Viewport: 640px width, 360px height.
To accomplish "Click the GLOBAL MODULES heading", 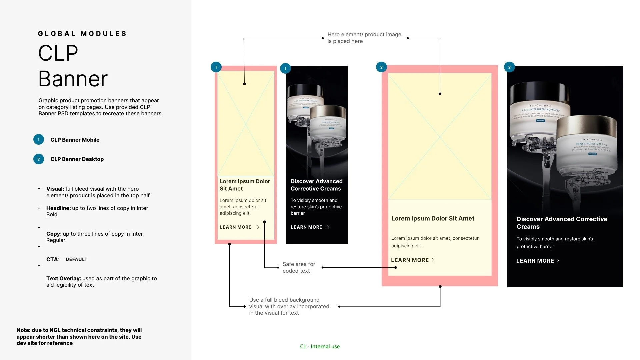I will tap(82, 34).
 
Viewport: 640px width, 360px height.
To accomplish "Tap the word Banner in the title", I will tap(73, 79).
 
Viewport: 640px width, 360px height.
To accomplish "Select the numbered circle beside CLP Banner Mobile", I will tap(39, 140).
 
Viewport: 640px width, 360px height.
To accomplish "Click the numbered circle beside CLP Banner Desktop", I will tap(39, 159).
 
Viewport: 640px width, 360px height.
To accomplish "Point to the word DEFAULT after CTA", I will tap(76, 259).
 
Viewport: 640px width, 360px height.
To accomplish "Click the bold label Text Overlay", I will tap(64, 278).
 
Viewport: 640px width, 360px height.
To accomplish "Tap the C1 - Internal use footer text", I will tap(320, 346).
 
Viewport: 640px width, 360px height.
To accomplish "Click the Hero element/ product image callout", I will tap(364, 38).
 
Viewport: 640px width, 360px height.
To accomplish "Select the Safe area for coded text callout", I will tap(299, 267).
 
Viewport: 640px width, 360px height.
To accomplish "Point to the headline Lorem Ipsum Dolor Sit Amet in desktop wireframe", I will tap(432, 218).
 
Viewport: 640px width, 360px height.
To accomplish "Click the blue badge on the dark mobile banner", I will tap(285, 68).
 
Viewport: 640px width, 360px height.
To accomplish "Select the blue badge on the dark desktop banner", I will tap(509, 67).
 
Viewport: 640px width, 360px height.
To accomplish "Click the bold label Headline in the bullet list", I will tap(59, 208).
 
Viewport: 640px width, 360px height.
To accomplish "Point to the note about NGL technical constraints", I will tap(79, 336).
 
